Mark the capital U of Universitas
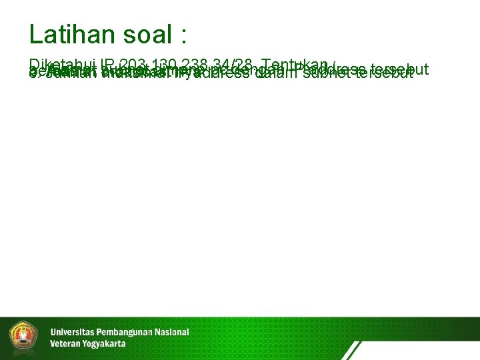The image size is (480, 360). click(x=53, y=332)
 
